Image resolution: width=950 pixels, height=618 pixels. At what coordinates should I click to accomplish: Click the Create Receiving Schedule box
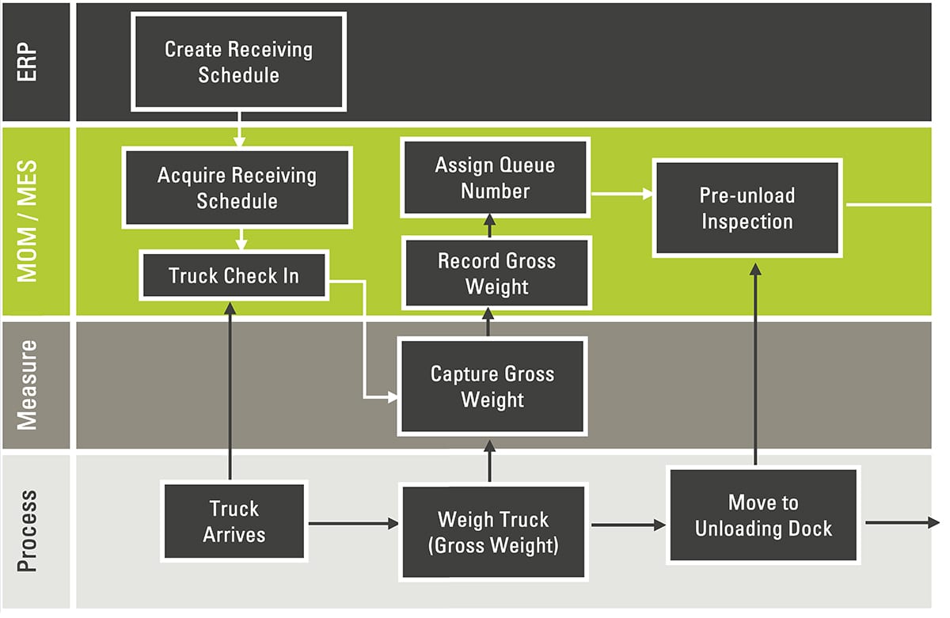point(238,62)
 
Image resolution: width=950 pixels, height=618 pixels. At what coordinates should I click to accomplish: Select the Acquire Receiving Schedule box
point(237,188)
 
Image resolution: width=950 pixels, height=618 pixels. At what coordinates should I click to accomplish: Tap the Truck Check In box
point(234,275)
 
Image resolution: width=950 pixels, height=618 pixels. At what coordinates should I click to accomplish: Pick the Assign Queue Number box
point(495,178)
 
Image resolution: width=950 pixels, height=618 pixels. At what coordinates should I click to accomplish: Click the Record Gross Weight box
point(496,273)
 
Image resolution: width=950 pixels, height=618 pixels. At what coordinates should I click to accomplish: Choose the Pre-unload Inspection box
point(747,208)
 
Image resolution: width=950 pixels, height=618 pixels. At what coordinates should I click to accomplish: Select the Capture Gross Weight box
point(492,386)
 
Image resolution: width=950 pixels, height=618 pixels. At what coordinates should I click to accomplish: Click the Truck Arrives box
point(234,522)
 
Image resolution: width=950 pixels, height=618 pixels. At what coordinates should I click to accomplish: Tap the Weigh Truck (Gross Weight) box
point(492,532)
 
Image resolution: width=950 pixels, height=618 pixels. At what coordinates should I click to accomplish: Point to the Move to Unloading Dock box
point(763,515)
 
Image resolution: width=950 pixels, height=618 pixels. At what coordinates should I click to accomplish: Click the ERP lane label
point(27,62)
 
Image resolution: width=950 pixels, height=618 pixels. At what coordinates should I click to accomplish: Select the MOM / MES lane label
point(27,221)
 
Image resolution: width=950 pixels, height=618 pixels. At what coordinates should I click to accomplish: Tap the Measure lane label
point(27,385)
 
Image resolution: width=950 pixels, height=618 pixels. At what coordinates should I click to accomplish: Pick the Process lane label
point(27,531)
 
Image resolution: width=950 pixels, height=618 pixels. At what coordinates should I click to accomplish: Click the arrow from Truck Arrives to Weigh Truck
point(353,523)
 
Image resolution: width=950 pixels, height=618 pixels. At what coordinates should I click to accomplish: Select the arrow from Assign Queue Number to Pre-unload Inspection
point(621,193)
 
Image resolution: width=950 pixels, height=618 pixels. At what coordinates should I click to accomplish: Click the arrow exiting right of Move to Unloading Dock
point(902,523)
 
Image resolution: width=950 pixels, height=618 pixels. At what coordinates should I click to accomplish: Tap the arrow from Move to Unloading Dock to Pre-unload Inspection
point(755,364)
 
